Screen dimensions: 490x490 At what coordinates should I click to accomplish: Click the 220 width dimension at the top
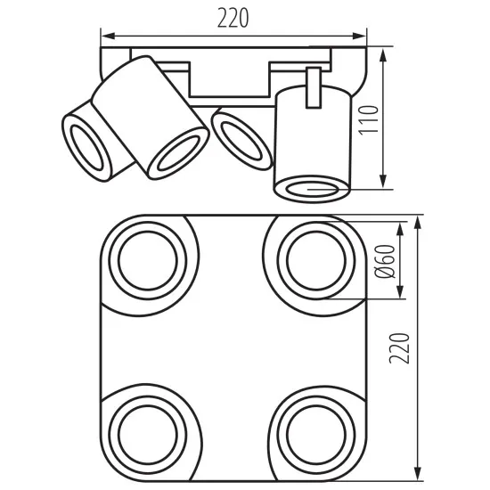point(233,18)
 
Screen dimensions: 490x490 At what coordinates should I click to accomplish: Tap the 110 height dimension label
point(369,120)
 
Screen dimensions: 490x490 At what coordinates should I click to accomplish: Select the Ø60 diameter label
point(385,261)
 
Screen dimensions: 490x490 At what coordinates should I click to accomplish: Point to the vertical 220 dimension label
point(399,348)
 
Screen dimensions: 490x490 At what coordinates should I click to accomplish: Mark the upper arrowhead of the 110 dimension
point(383,55)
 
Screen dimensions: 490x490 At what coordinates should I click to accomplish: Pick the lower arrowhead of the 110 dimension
point(383,181)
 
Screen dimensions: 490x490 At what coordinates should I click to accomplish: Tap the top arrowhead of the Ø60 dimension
point(400,230)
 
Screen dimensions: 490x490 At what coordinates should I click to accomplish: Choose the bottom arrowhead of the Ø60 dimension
point(400,291)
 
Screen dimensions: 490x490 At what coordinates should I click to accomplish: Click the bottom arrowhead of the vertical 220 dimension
point(418,474)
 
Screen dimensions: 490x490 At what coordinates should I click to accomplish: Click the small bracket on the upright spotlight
point(313,88)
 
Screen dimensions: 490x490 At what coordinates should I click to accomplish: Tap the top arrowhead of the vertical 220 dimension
point(418,223)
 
